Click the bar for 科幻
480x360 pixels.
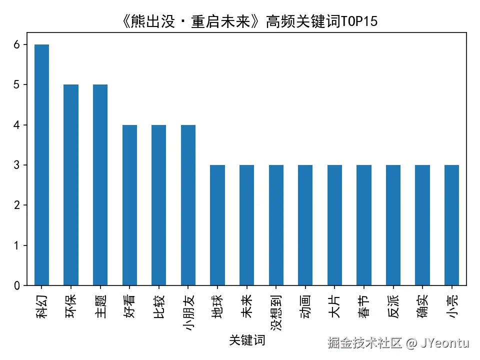click(x=41, y=165)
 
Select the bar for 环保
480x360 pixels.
click(x=71, y=185)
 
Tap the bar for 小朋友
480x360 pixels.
click(x=188, y=205)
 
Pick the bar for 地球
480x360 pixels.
click(x=217, y=225)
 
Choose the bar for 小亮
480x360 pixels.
click(x=451, y=225)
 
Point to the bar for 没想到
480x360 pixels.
click(x=276, y=225)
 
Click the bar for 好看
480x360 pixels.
click(x=129, y=205)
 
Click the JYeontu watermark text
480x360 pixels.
click(x=444, y=343)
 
